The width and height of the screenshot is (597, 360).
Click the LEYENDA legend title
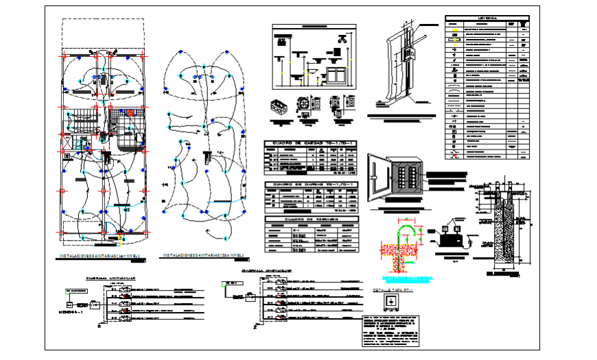pyautogui.click(x=487, y=19)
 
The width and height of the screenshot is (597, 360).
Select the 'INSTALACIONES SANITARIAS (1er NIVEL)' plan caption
pyautogui.click(x=100, y=256)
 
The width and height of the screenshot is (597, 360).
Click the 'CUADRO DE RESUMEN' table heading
pyautogui.click(x=308, y=219)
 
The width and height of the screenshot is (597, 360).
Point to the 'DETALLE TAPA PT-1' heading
pyautogui.click(x=390, y=291)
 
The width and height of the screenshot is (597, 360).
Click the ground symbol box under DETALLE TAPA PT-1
pyautogui.click(x=390, y=302)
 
